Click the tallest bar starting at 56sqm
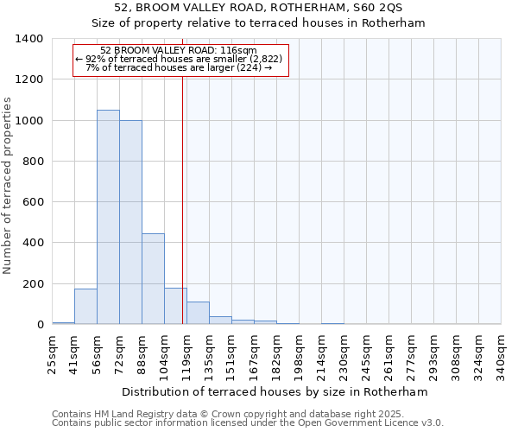pyautogui.click(x=108, y=217)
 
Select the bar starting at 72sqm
pyautogui.click(x=130, y=222)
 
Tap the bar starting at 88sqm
pyautogui.click(x=153, y=278)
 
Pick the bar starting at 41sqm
pyautogui.click(x=85, y=306)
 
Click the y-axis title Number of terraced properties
pyautogui.click(x=8, y=186)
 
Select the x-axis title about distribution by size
pyautogui.click(x=275, y=391)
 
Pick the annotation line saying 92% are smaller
pyautogui.click(x=179, y=59)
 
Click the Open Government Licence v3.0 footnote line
pyautogui.click(x=248, y=422)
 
